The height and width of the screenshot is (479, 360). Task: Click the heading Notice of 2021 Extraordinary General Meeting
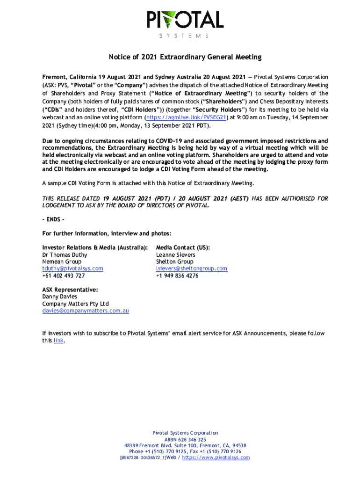185,57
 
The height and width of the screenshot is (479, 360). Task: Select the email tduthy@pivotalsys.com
72,269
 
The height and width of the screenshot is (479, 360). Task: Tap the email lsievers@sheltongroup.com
192,269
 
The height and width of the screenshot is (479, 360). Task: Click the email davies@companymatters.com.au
86,311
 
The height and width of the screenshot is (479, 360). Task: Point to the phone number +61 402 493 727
64,276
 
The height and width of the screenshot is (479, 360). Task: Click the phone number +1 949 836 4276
177,276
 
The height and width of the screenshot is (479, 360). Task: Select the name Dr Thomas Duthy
65,255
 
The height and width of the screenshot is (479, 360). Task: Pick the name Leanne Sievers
176,255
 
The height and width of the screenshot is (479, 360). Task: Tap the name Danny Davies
60,297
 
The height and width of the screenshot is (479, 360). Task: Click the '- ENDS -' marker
53,220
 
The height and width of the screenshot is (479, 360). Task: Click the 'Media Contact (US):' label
183,247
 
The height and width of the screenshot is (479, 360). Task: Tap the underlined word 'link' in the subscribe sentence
58,341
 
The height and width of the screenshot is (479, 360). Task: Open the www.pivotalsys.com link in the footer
216,457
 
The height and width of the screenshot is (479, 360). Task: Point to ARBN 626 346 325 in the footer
185,440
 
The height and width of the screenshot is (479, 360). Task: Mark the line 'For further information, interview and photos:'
107,233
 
